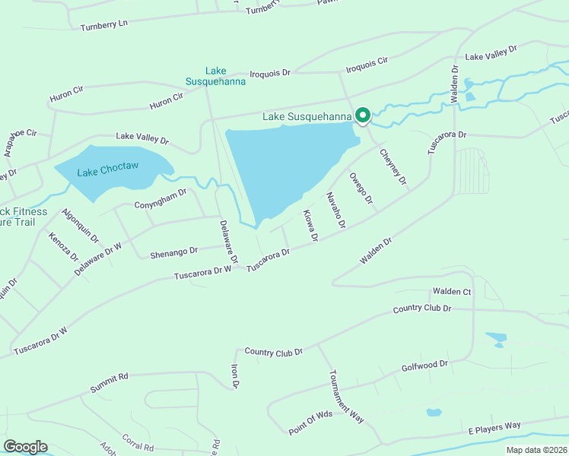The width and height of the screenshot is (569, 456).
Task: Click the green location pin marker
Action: point(363,115)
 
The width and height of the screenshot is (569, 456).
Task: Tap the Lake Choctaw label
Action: point(107,165)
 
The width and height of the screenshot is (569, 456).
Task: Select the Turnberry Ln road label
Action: point(104,24)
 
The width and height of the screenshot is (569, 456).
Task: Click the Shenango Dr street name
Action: point(173,249)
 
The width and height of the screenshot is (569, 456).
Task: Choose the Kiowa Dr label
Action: point(310,226)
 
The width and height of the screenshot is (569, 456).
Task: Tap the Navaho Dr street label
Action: point(336,211)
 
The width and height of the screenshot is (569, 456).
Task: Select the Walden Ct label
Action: point(452,292)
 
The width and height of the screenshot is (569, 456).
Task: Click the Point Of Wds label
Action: point(311,423)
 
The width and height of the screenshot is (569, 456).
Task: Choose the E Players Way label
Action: point(494,428)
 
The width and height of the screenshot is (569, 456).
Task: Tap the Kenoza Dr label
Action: point(64,247)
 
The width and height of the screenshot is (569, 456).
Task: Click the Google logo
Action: point(25,447)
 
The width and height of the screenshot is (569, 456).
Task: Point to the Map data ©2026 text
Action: point(536,450)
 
